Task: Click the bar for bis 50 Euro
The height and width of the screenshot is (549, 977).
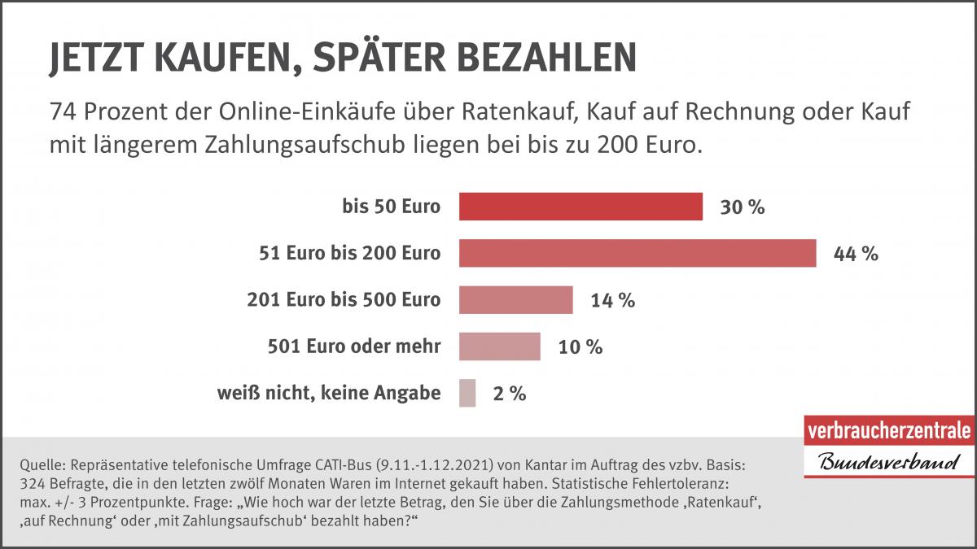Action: tap(581, 207)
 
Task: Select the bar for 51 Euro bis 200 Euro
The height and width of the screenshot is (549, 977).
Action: tap(637, 253)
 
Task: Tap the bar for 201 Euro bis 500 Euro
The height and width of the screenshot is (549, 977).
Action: tap(516, 300)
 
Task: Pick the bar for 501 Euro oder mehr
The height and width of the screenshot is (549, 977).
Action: tap(500, 346)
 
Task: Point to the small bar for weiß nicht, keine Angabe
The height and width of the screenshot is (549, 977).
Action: tap(467, 394)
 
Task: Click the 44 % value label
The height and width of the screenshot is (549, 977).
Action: tap(856, 254)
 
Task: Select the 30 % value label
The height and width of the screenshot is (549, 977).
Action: tap(742, 207)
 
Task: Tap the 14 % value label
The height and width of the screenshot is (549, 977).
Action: tap(612, 300)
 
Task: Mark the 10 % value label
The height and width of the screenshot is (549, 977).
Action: tap(581, 347)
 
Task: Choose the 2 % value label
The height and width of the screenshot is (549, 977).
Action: tap(510, 394)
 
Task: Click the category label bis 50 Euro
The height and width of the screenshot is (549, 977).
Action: tap(391, 207)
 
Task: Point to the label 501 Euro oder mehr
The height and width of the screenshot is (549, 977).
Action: tap(354, 346)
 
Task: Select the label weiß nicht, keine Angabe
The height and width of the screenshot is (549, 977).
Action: tap(328, 394)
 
